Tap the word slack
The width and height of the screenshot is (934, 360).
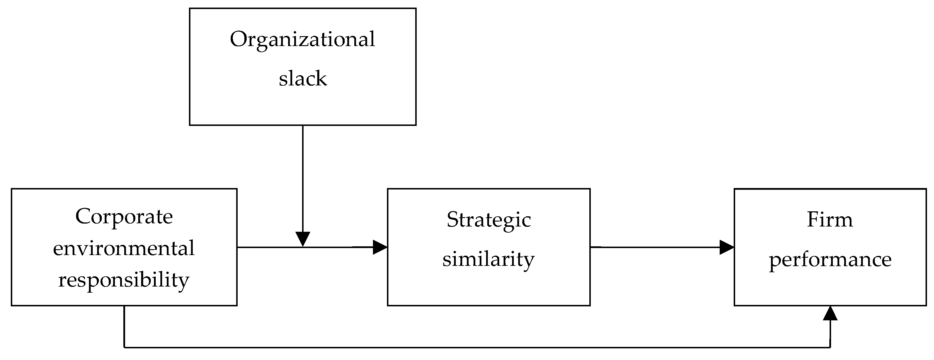302,79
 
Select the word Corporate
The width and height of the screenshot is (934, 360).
124,217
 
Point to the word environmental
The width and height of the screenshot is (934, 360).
124,249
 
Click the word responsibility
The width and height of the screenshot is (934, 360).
124,280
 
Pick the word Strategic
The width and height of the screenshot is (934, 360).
489,220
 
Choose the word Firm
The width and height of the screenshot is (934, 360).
830,220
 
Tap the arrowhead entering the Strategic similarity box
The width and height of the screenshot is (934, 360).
380,247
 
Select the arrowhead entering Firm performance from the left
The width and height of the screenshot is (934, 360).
726,247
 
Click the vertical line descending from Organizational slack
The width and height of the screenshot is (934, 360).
303,178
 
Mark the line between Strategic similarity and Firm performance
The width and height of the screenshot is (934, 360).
653,247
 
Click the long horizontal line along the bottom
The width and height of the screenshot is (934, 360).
471,347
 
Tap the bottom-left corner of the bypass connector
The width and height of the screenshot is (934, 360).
124,347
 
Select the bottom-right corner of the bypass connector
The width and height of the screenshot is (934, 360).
830,347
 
